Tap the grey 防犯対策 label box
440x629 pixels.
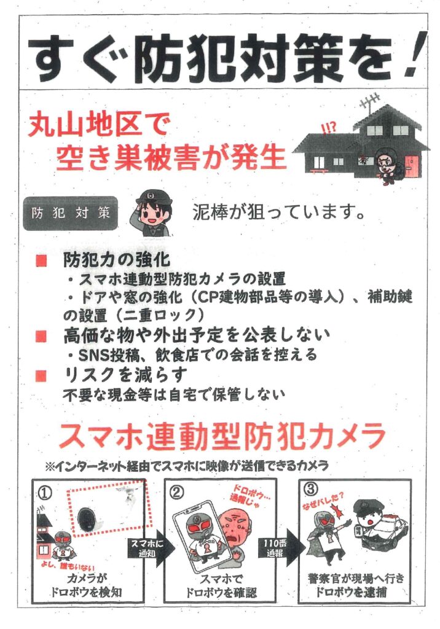pyautogui.click(x=70, y=213)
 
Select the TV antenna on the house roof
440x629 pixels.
pyautogui.click(x=370, y=100)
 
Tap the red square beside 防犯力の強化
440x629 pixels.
pyautogui.click(x=41, y=260)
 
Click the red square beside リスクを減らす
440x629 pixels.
pyautogui.click(x=41, y=375)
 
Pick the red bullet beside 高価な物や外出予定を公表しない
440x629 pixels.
pyautogui.click(x=41, y=336)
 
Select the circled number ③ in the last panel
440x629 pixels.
pyautogui.click(x=311, y=490)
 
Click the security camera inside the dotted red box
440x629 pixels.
pyautogui.click(x=87, y=519)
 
